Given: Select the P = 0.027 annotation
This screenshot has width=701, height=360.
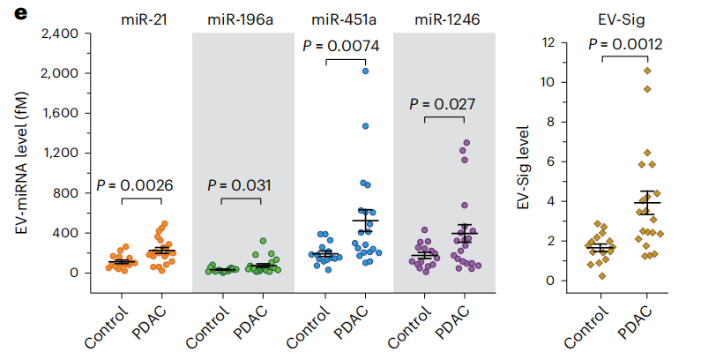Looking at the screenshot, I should coord(443,103).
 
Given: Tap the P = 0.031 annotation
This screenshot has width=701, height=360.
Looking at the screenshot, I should coord(240,185).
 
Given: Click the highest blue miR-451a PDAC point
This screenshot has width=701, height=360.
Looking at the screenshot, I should coord(365,71).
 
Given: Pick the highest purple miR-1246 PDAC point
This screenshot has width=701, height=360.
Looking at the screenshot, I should coord(466,142).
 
